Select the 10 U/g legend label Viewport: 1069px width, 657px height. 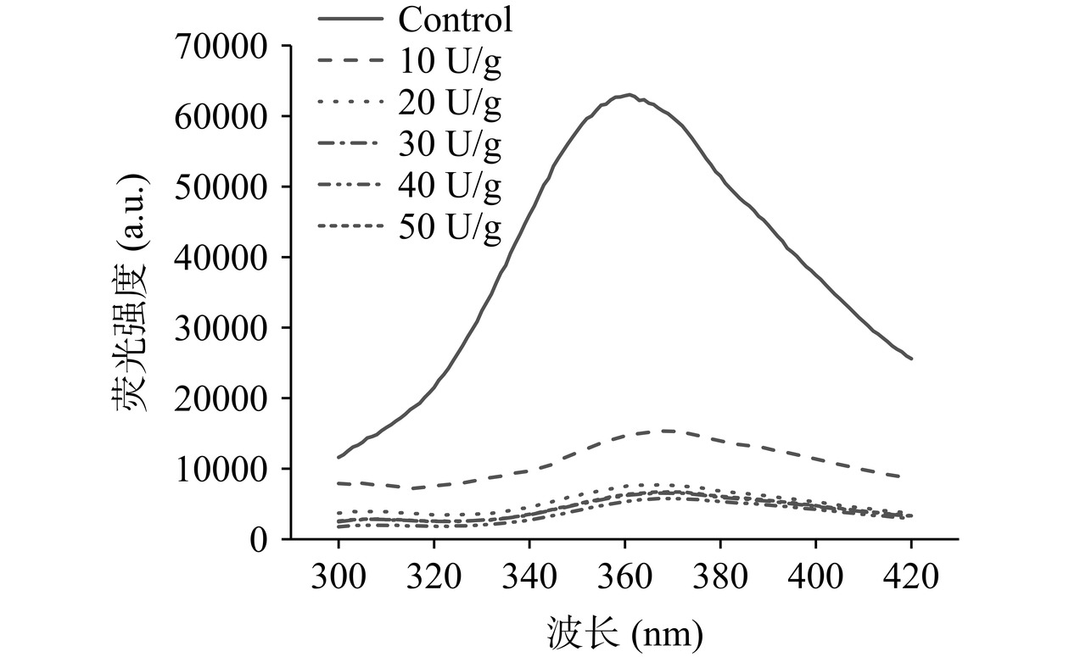point(449,60)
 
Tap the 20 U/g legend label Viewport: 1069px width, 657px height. point(449,103)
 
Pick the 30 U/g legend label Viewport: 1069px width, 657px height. point(449,145)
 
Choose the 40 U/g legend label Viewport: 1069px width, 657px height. point(449,186)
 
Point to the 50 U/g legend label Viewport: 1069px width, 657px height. point(449,227)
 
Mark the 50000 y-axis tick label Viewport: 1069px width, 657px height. point(221,187)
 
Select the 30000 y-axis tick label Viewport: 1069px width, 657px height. point(221,327)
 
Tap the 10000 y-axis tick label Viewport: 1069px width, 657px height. point(221,469)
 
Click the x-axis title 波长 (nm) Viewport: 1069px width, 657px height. point(624,632)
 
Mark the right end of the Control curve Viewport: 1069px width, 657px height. point(911,359)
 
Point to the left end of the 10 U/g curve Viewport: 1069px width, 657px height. point(339,483)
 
